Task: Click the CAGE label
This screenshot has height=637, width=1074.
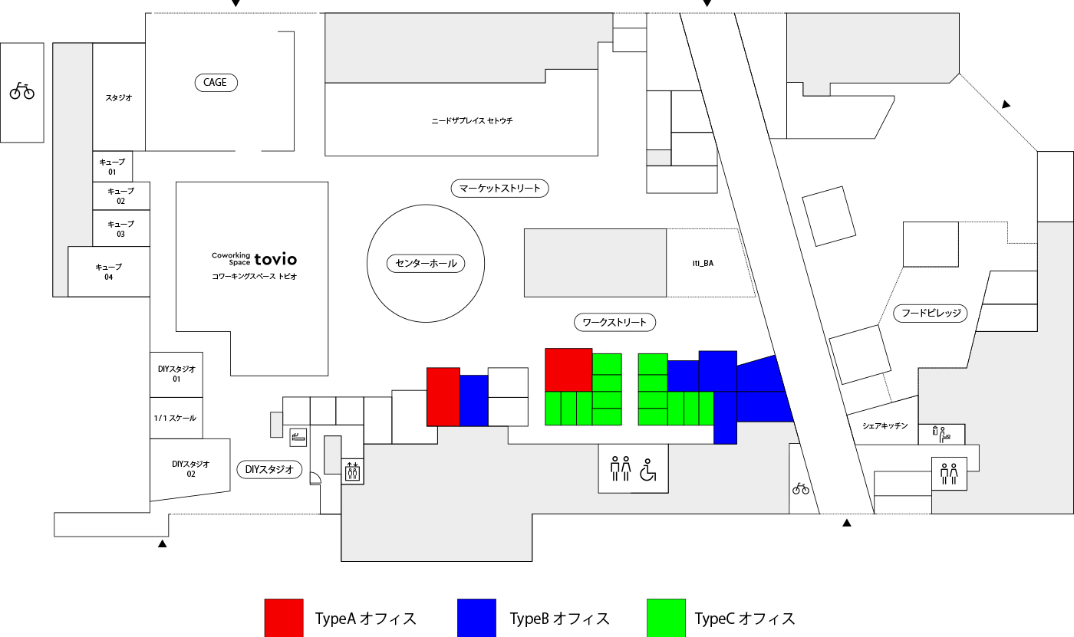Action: click(216, 82)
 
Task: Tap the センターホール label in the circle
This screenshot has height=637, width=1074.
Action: click(426, 264)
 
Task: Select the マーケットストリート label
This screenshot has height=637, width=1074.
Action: click(499, 189)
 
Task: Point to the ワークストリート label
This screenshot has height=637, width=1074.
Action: click(614, 322)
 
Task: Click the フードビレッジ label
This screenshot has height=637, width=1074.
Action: click(931, 314)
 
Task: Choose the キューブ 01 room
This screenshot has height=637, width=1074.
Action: click(112, 166)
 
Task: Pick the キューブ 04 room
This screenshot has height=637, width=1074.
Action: click(109, 271)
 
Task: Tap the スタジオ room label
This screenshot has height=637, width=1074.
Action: click(118, 97)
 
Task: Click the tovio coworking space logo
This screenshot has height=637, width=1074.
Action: click(254, 259)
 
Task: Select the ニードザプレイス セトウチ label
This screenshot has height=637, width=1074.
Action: click(472, 120)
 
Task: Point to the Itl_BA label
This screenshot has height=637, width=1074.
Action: click(703, 263)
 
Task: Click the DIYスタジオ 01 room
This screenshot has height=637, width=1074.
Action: click(176, 375)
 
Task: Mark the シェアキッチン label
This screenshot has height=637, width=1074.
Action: click(885, 425)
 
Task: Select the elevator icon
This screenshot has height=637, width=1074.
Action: click(352, 471)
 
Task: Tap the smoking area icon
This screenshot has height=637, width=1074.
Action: click(298, 437)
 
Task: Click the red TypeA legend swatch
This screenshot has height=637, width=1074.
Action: click(284, 618)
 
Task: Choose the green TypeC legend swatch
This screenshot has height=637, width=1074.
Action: click(666, 618)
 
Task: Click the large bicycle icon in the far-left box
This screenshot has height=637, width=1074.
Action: click(22, 90)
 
